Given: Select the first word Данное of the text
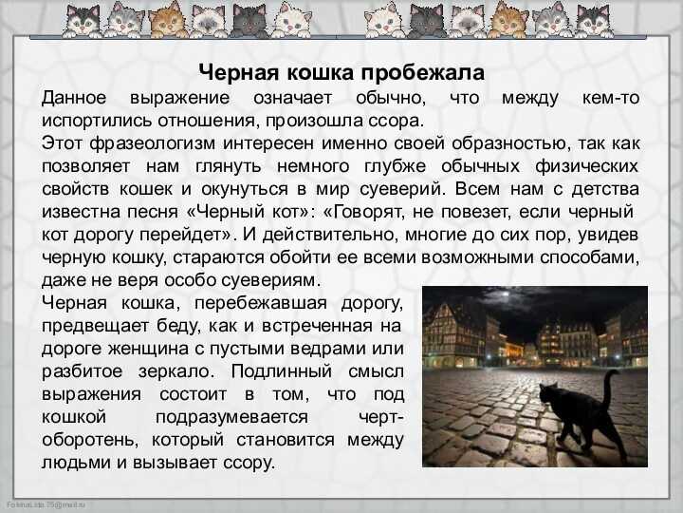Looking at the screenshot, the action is (x=74, y=98).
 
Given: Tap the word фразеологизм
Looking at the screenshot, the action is (x=153, y=143).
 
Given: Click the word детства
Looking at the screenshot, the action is (x=605, y=189).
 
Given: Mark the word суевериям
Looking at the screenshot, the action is (x=270, y=280).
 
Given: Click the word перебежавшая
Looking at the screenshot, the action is (x=261, y=303).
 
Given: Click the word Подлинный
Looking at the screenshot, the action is (x=282, y=371).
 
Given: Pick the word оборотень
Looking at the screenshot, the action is (x=90, y=440).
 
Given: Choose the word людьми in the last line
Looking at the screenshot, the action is (x=76, y=463).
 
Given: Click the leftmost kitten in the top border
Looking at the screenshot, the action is (x=83, y=20).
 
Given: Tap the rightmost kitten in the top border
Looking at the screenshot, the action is (x=594, y=21).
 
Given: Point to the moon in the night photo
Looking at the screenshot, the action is (x=506, y=294).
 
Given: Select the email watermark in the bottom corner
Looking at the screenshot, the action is (x=46, y=504).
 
